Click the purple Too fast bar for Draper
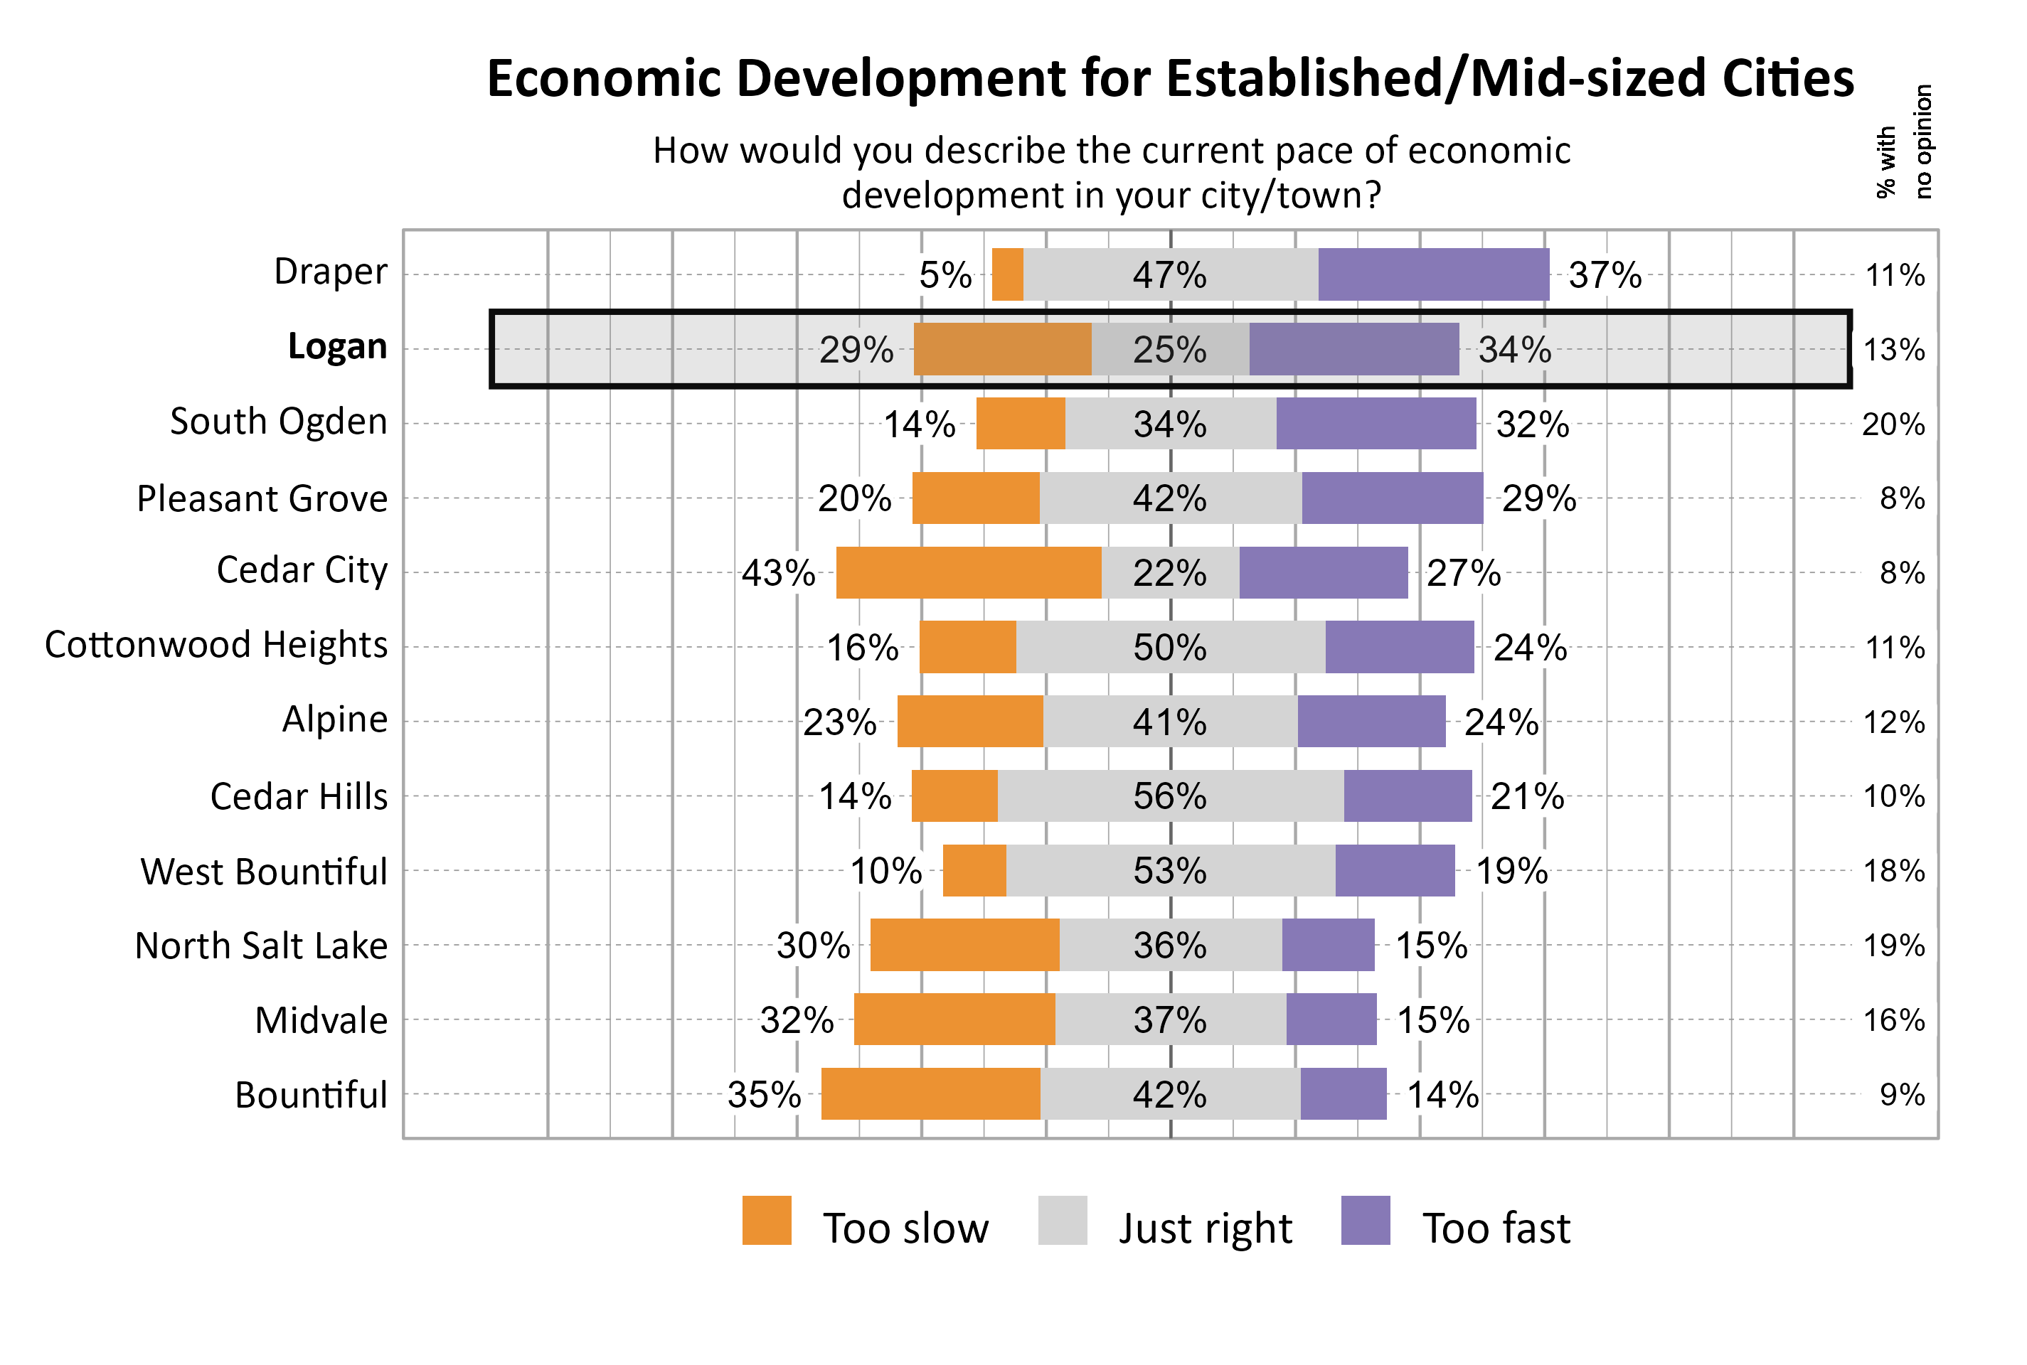pyautogui.click(x=1433, y=274)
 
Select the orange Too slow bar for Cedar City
pyautogui.click(x=968, y=573)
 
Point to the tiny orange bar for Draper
pyautogui.click(x=1007, y=274)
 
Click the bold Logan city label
pyautogui.click(x=337, y=346)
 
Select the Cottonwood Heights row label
pyautogui.click(x=216, y=645)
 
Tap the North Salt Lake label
pyautogui.click(x=261, y=946)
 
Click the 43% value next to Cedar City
pyautogui.click(x=777, y=574)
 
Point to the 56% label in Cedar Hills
pyautogui.click(x=1169, y=796)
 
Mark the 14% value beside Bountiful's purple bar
pyautogui.click(x=1443, y=1095)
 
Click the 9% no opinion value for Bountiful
pyautogui.click(x=1902, y=1095)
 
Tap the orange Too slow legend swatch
pyautogui.click(x=766, y=1221)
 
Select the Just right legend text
pyautogui.click(x=1205, y=1228)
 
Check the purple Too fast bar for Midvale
pyautogui.click(x=1331, y=1019)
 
